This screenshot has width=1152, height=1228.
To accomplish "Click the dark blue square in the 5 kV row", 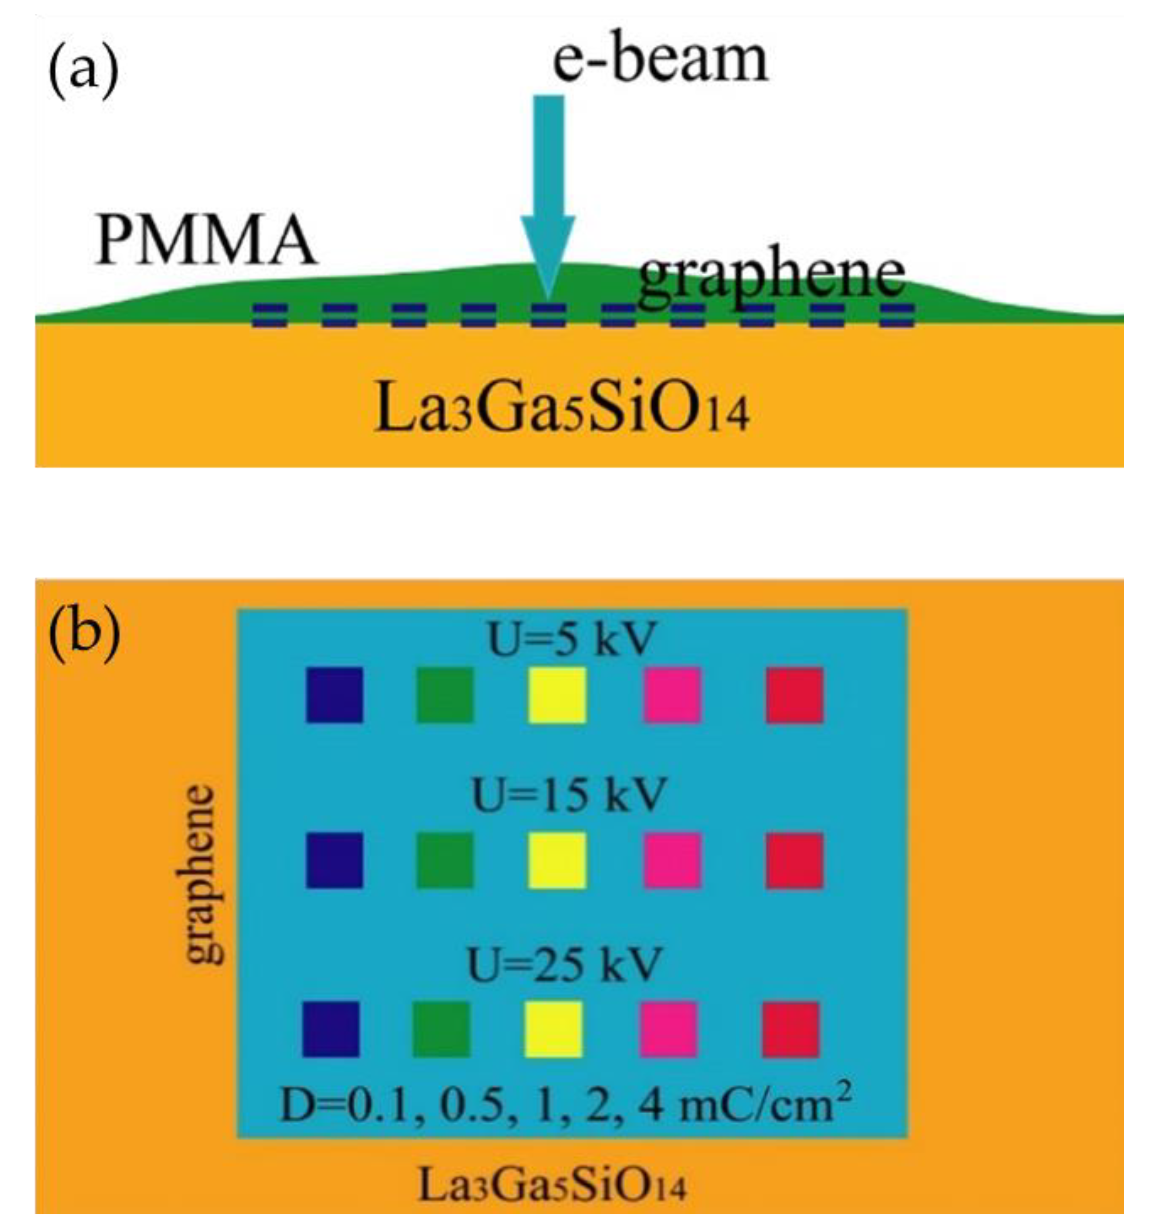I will tap(334, 695).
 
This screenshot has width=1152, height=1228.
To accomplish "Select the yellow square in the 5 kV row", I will tap(557, 695).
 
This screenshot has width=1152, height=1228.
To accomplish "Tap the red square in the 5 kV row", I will tap(794, 695).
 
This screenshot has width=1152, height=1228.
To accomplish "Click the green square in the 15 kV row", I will tap(445, 860).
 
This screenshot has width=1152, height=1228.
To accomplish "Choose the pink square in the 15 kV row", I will tap(672, 860).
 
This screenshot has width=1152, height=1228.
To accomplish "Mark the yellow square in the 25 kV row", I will tap(553, 1030).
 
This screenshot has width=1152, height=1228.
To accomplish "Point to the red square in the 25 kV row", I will tap(791, 1030).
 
